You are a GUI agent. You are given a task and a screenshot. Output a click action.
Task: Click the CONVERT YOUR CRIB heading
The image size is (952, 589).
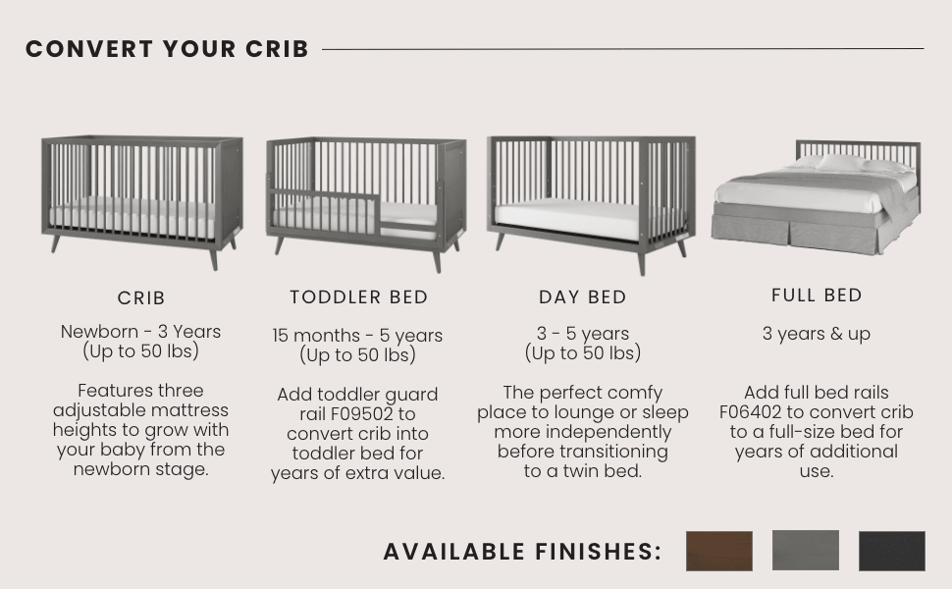pyautogui.click(x=167, y=49)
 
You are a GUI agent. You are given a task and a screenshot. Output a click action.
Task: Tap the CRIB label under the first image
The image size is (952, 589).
pyautogui.click(x=141, y=297)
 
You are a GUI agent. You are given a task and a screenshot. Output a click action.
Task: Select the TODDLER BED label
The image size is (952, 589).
pyautogui.click(x=358, y=296)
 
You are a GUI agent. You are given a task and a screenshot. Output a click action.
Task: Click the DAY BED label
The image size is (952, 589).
pyautogui.click(x=582, y=297)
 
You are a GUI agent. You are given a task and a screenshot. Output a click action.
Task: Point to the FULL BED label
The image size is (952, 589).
pyautogui.click(x=817, y=294)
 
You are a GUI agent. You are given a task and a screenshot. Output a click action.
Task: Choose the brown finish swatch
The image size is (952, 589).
pyautogui.click(x=718, y=551)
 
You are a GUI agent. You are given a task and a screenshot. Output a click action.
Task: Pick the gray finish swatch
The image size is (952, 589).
pyautogui.click(x=805, y=550)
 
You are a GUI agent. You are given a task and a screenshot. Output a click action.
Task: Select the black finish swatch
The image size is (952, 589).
pyautogui.click(x=891, y=551)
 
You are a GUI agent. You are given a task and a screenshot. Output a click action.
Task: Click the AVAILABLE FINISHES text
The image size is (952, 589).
pyautogui.click(x=522, y=552)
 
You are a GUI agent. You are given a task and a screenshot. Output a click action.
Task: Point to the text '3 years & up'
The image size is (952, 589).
pyautogui.click(x=817, y=334)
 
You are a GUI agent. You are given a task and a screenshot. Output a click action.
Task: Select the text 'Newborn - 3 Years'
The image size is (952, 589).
pyautogui.click(x=141, y=332)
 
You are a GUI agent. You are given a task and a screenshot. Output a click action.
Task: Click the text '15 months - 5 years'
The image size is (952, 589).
pyautogui.click(x=357, y=336)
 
